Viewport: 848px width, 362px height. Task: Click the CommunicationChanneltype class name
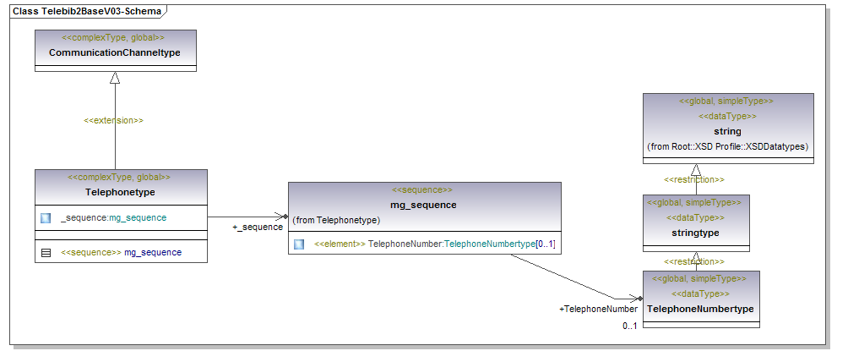114,52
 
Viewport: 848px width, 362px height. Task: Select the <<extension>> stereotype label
113,120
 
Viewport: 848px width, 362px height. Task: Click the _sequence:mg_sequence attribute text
113,218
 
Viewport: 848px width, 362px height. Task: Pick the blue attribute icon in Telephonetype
46,218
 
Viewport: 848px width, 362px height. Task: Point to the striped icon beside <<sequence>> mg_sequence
46,252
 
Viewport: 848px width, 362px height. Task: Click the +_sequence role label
258,227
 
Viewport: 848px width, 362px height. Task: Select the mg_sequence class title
423,205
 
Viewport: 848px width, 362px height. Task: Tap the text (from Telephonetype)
336,220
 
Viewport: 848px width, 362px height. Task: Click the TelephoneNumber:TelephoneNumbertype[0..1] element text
434,244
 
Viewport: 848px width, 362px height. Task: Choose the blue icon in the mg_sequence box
299,244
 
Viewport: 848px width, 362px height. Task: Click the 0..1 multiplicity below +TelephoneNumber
629,326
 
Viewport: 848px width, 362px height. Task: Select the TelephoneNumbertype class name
700,310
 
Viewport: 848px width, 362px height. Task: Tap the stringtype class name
695,232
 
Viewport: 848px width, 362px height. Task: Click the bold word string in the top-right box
727,131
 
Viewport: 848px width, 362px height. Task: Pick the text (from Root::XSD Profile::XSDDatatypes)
728,146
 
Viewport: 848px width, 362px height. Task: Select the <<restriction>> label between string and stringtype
693,179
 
